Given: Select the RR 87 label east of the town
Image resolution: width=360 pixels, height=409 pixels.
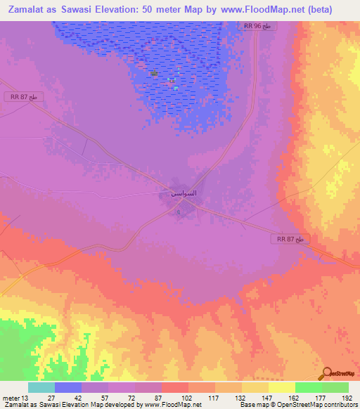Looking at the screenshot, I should (290, 240).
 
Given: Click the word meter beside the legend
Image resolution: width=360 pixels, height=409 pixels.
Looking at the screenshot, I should (11, 397).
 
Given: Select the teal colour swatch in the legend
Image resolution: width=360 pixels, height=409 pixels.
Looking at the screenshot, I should (41, 387).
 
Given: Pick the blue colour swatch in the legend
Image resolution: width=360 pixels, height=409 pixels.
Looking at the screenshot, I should (68, 387).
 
